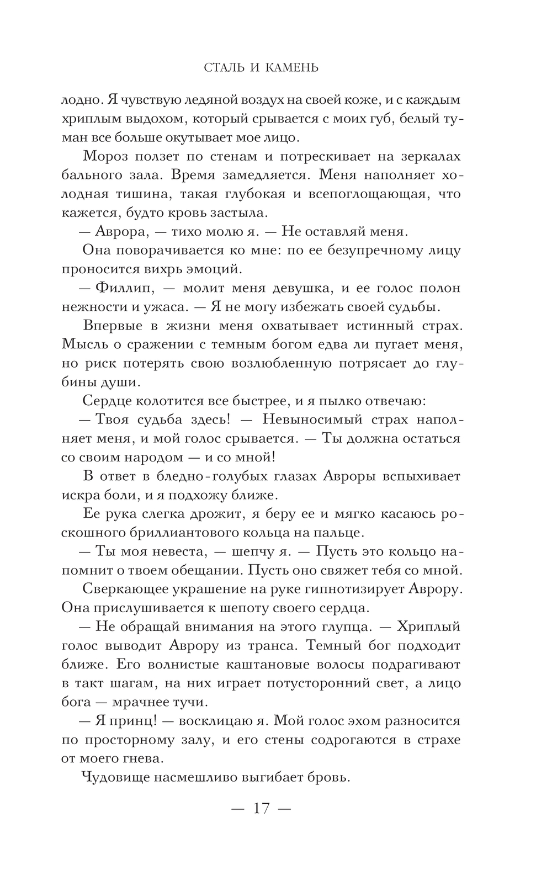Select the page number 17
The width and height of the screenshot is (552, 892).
261,809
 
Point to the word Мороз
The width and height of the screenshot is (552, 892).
104,156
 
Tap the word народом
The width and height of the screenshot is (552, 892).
152,457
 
